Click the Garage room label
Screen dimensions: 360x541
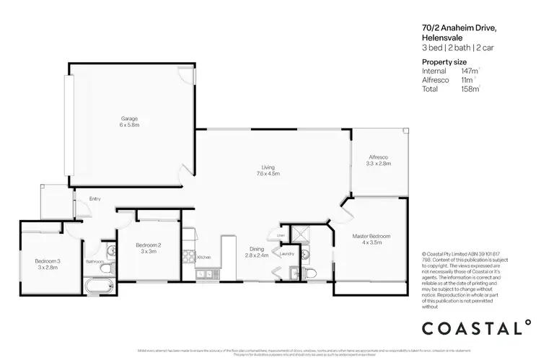pyautogui.click(x=129, y=118)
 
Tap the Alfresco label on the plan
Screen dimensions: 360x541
pyautogui.click(x=379, y=157)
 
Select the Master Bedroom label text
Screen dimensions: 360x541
pyautogui.click(x=371, y=236)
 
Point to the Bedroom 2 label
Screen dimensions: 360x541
pyautogui.click(x=149, y=245)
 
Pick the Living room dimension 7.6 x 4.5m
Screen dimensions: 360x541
pyautogui.click(x=268, y=174)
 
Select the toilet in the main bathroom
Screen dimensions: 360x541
pyautogui.click(x=106, y=268)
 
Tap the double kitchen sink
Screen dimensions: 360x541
pyautogui.click(x=203, y=273)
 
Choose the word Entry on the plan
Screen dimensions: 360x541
pyautogui.click(x=94, y=199)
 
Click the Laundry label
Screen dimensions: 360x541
pyautogui.click(x=286, y=254)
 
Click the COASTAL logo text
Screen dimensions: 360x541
pyautogui.click(x=473, y=328)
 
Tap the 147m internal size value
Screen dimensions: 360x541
pyautogui.click(x=469, y=71)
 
